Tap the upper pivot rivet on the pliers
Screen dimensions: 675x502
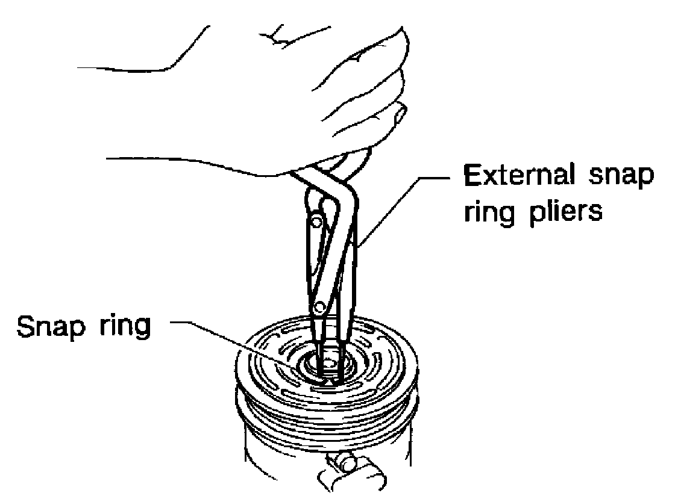click(315, 223)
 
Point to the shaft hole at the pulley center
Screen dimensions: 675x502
click(328, 364)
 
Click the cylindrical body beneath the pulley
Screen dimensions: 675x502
click(271, 445)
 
